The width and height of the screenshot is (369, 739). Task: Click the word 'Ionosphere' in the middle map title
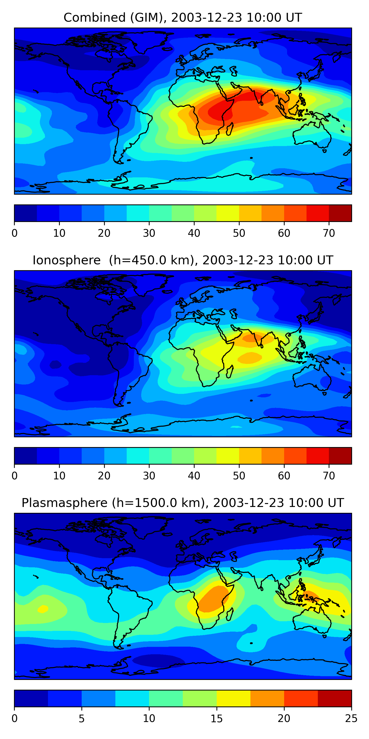pos(66,260)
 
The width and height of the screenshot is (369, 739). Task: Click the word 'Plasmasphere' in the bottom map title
pos(64,503)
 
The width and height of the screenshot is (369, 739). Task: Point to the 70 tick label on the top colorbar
pos(329,233)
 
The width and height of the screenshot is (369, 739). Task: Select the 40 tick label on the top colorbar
pos(194,233)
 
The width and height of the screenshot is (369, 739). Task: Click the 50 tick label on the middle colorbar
pos(239,476)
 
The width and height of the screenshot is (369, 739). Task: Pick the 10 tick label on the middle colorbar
pos(59,476)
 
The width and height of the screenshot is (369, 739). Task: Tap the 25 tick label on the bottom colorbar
pos(351,718)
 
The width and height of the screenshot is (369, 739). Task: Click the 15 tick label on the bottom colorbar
pos(216,718)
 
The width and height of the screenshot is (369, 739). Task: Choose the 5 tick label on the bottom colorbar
pos(82,718)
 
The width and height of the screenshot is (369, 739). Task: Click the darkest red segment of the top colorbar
pos(340,213)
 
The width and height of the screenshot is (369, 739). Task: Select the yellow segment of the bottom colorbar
pos(233,698)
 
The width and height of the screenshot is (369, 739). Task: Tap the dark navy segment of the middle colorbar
pos(26,455)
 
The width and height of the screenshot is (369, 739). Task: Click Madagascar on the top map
pos(230,129)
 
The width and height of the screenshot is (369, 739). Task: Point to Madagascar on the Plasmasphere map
pos(230,614)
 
